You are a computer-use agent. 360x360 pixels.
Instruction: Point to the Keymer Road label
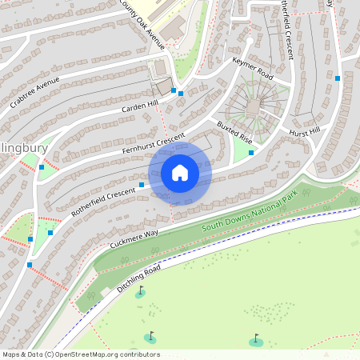point(253,67)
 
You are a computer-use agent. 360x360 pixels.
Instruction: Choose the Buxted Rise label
point(235,131)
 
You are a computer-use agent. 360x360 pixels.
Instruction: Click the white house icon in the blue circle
point(180,173)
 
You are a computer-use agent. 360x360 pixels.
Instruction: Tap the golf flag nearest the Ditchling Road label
point(141,291)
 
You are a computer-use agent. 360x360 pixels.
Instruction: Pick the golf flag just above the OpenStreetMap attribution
point(150,336)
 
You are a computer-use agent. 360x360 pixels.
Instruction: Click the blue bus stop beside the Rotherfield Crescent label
point(142,185)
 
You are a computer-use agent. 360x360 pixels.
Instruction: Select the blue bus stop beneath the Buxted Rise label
point(251,152)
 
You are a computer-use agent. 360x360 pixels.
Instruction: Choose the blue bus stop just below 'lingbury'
point(42,167)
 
